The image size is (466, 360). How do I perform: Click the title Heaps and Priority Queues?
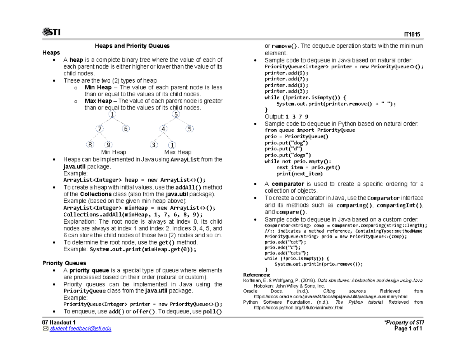click(x=132, y=46)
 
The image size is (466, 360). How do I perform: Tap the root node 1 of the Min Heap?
click(x=112, y=115)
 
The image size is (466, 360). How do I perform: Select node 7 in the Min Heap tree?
click(x=100, y=129)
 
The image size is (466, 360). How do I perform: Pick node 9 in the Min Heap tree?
click(x=109, y=145)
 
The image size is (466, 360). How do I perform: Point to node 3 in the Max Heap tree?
click(x=154, y=145)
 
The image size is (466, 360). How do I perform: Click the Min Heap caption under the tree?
click(x=113, y=152)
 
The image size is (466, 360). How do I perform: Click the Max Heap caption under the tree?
click(x=177, y=152)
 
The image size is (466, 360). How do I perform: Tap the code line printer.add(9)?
click(x=286, y=73)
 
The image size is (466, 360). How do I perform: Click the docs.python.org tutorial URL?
click(x=298, y=308)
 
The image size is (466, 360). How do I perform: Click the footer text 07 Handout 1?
click(x=59, y=323)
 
